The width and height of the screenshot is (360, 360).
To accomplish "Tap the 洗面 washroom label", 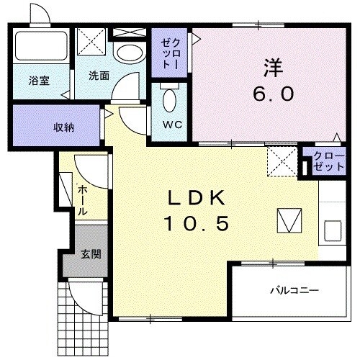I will click(x=99, y=75).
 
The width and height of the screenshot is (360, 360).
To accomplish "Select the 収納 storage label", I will click(x=63, y=127).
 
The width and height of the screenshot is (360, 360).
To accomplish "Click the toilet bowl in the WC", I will click(x=171, y=100).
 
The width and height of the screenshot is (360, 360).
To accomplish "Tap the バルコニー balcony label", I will click(x=290, y=291).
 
